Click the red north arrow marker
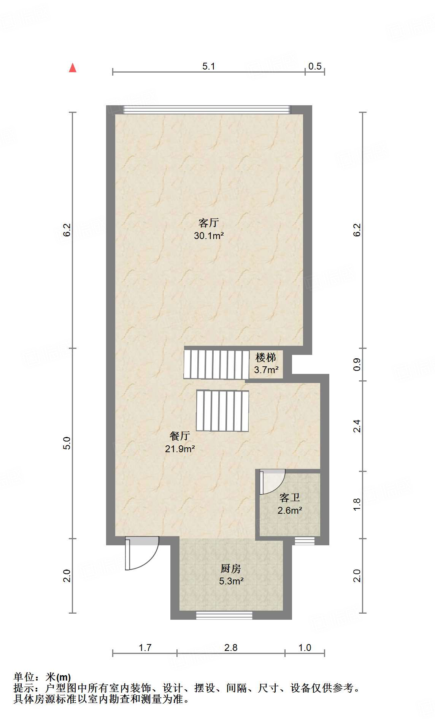[x=73, y=68]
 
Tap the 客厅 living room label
[x=209, y=223]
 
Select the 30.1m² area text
[x=209, y=236]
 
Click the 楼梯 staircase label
[x=266, y=358]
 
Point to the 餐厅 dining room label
[x=180, y=436]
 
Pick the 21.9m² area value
[x=180, y=449]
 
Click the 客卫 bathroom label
[x=290, y=497]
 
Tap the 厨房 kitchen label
[x=231, y=568]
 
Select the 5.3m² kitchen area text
[x=231, y=581]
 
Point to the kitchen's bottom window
[x=224, y=615]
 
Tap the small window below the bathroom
[x=305, y=541]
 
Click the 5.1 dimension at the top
[x=209, y=66]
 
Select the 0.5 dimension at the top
[x=315, y=66]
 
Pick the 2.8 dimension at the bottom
[x=231, y=647]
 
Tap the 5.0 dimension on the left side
[x=67, y=443]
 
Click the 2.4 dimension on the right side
[x=357, y=426]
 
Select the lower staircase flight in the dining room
[x=222, y=411]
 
